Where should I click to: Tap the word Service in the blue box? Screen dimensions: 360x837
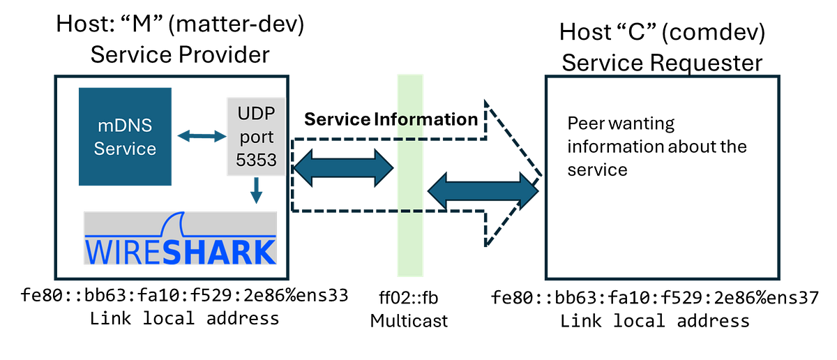[126, 149]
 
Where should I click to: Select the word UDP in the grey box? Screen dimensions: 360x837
[256, 114]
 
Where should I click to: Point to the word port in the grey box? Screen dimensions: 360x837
[256, 137]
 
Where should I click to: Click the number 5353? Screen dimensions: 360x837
[256, 160]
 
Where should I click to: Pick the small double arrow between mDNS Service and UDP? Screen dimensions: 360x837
[200, 137]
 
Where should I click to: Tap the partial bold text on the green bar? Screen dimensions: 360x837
[411, 119]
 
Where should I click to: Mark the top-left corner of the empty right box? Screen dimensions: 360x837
[545, 77]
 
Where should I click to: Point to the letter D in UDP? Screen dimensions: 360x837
[256, 114]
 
